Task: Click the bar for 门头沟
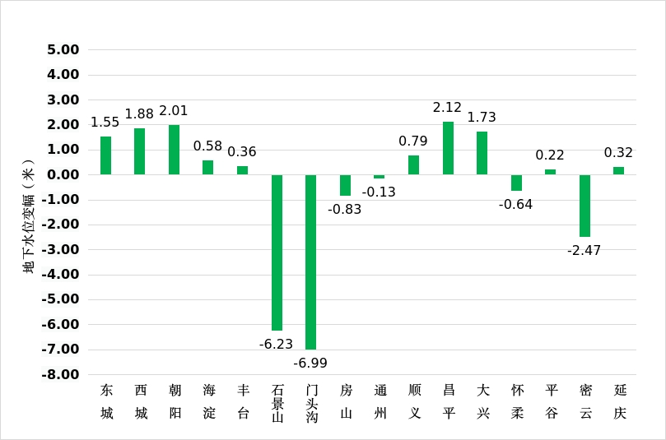(310, 262)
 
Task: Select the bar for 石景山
(277, 252)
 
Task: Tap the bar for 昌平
(448, 148)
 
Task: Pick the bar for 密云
(584, 206)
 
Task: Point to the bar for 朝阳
(175, 150)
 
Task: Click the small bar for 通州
(380, 177)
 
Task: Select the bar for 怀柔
(516, 183)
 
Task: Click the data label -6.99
(310, 364)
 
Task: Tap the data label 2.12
(447, 108)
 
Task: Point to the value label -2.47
(584, 250)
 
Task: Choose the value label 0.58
(207, 146)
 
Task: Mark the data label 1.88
(139, 113)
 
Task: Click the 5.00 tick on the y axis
(63, 49)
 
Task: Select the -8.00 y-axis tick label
(60, 375)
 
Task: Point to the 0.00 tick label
(63, 174)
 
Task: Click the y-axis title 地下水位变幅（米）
(28, 216)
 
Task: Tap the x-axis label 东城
(107, 401)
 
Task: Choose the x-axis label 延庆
(620, 401)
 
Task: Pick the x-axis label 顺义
(415, 401)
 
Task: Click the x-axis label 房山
(346, 401)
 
